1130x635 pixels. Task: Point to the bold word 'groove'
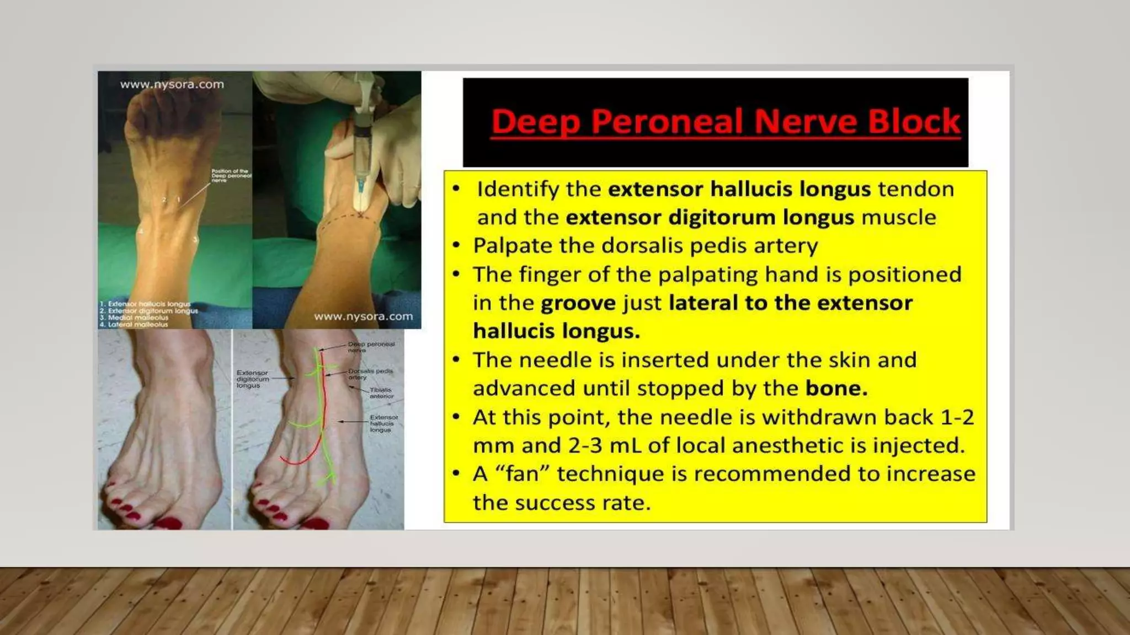578,303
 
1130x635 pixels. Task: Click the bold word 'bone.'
836,389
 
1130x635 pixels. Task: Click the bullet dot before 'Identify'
456,189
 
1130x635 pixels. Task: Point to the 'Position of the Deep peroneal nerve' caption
231,175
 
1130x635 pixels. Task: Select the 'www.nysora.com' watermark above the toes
172,85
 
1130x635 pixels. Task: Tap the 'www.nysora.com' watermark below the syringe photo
363,317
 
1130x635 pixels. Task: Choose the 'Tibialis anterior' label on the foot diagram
381,393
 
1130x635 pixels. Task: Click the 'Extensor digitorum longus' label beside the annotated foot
253,379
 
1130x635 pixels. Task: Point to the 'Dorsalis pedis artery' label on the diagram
370,374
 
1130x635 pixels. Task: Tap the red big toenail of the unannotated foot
169,522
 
